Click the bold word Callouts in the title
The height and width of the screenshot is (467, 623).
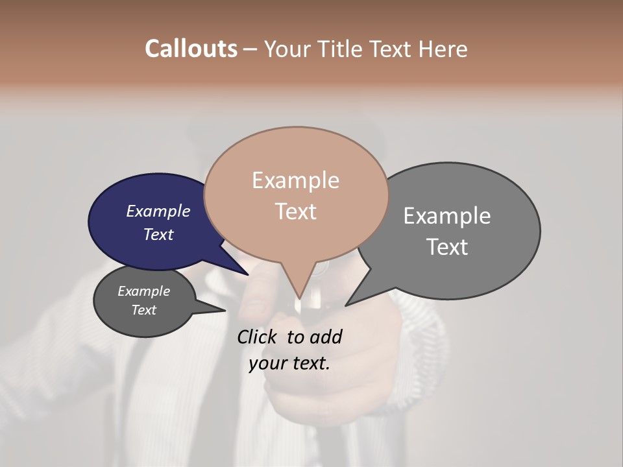point(191,49)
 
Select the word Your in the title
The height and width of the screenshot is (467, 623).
point(288,49)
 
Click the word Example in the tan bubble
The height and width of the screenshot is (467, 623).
point(296,180)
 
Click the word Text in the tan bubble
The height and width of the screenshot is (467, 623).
point(296,211)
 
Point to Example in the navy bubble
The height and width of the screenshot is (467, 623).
point(158,211)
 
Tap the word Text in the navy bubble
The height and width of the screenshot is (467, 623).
point(158,234)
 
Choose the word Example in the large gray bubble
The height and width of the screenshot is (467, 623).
point(447,215)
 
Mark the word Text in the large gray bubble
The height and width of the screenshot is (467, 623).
point(447,246)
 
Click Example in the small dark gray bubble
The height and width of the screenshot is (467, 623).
point(144,291)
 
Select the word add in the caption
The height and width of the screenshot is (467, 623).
point(326,337)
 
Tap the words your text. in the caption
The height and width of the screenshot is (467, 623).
point(289,363)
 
